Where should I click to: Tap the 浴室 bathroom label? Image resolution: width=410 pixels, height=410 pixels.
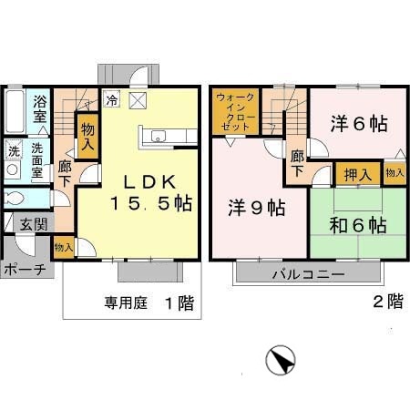[x=39, y=110]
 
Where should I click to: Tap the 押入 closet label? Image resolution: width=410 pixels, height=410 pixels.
[x=357, y=173]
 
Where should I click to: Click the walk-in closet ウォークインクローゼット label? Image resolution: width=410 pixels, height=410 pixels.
[x=236, y=111]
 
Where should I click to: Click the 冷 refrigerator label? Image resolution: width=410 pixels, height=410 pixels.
[x=111, y=100]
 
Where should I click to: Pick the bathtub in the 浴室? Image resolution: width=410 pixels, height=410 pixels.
[x=15, y=111]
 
